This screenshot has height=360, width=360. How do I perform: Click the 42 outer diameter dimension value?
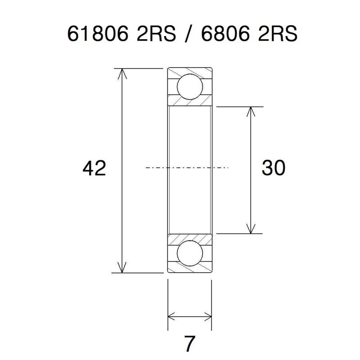point(94,169)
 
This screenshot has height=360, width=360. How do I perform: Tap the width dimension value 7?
point(189,344)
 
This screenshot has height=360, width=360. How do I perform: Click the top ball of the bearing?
point(189,87)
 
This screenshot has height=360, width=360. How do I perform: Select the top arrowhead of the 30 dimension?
point(250,112)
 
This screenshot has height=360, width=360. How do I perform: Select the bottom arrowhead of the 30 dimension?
point(250,229)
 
